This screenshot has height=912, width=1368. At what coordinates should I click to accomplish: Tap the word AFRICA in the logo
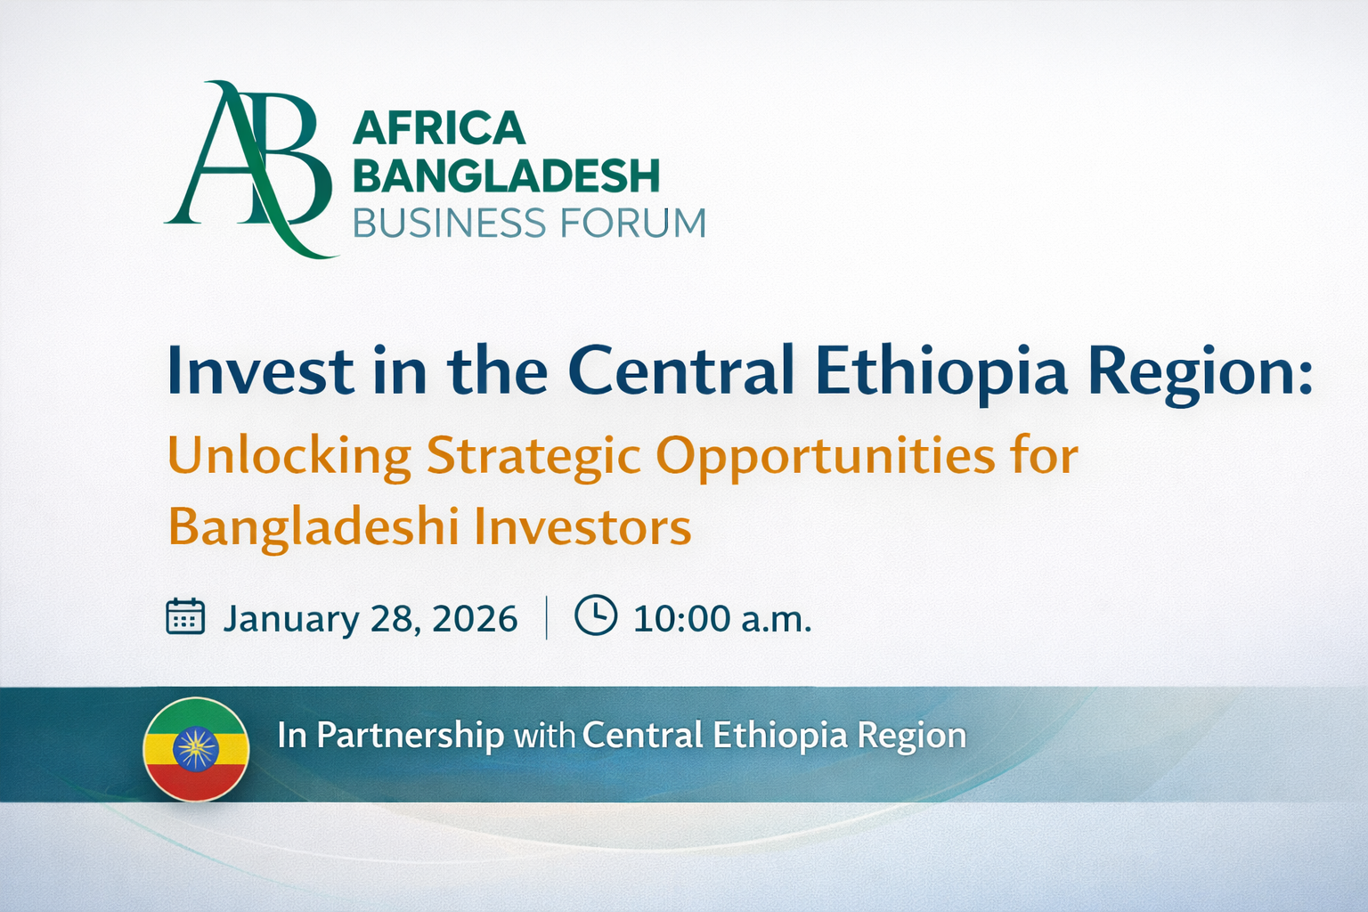439,128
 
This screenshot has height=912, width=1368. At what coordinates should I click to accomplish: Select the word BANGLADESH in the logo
506,175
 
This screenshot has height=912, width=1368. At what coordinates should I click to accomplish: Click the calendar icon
185,617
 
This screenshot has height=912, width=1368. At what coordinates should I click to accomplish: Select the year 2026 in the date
475,618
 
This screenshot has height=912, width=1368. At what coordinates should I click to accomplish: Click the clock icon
596,615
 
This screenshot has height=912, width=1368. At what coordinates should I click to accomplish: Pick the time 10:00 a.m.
722,618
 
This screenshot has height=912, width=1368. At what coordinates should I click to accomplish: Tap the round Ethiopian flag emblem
196,750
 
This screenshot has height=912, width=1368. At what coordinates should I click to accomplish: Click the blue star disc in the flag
195,749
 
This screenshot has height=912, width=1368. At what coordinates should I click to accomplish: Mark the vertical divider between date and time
546,617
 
